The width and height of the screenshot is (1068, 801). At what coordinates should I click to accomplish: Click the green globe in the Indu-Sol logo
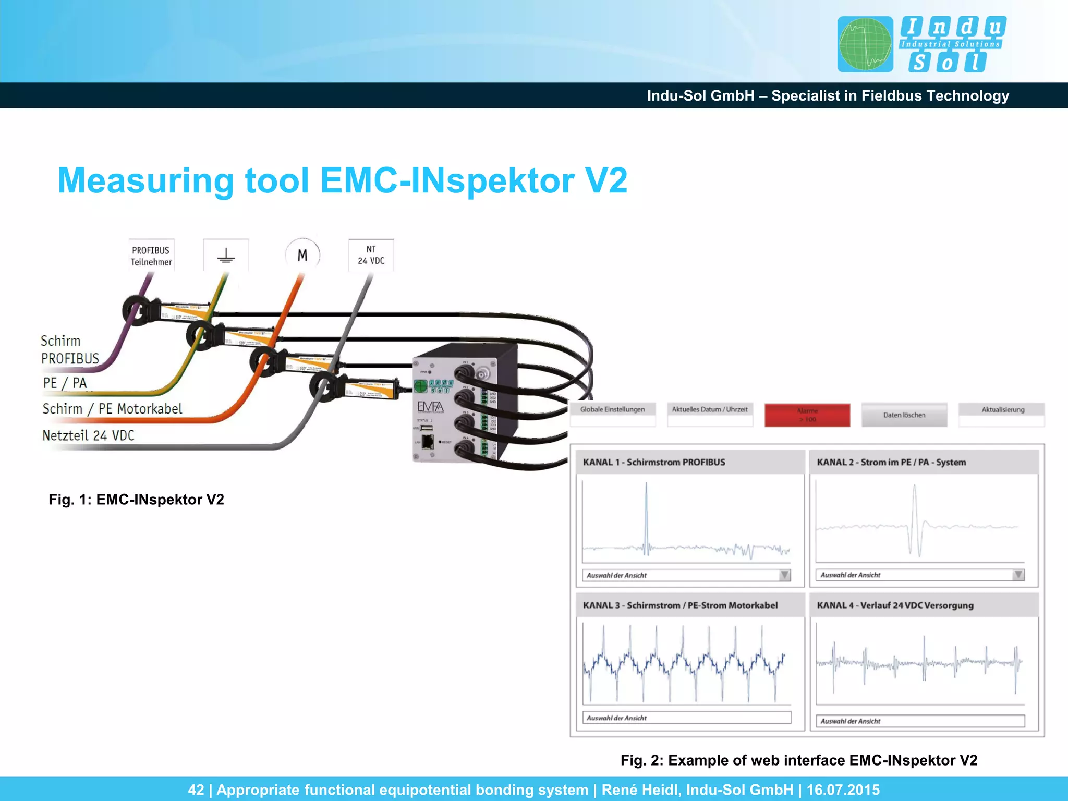pos(865,44)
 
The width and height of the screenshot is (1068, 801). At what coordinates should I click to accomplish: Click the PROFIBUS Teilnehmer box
pos(151,256)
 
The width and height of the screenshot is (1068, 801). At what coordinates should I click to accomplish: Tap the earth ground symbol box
pos(226,256)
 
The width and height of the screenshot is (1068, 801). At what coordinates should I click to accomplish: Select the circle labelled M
pos(302,255)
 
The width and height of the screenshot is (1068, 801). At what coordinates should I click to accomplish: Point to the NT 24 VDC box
pos(371,255)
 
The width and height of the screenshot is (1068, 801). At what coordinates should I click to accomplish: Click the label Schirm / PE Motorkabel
pos(112,409)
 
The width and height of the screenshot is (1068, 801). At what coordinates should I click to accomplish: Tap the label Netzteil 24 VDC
pos(88,435)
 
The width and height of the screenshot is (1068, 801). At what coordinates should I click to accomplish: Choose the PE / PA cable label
pos(65,383)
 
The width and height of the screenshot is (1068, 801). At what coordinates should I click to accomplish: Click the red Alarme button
pos(807,415)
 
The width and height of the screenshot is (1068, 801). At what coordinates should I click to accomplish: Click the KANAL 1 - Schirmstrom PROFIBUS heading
pos(654,462)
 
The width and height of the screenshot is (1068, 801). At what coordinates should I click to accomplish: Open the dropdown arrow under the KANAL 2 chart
pos(1018,575)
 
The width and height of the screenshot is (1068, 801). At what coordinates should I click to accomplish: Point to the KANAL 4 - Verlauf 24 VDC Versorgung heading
pos(895,605)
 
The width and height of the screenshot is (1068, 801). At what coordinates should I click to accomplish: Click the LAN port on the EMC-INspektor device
pos(428,442)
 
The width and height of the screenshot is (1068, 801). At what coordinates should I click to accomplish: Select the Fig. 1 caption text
pos(136,500)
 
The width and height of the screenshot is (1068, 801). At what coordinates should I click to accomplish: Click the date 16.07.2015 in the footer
pos(843,790)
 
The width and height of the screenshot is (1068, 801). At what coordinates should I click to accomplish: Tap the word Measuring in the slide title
pos(145,180)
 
